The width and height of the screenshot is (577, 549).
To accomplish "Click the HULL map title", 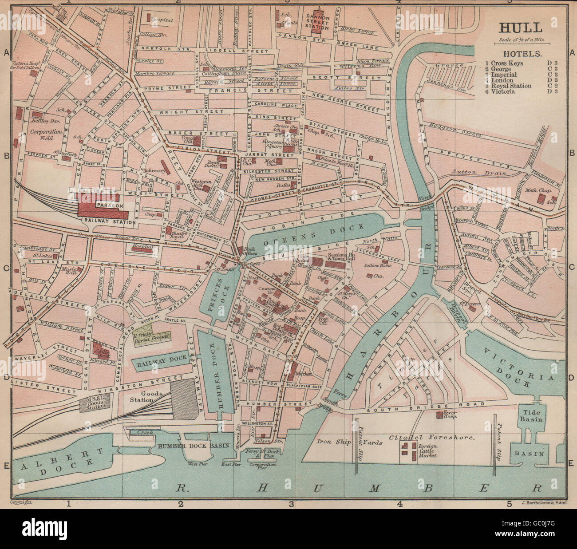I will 520,28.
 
